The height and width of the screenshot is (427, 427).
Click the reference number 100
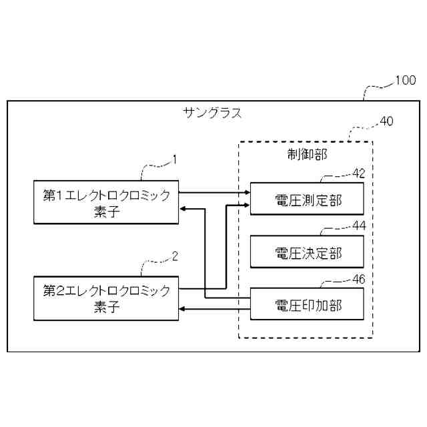pyautogui.click(x=404, y=81)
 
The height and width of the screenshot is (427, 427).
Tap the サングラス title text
pyautogui.click(x=213, y=113)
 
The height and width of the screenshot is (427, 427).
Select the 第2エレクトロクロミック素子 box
pyautogui.click(x=107, y=298)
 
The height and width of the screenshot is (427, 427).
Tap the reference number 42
pyautogui.click(x=359, y=173)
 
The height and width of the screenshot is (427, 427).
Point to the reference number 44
pyautogui.click(x=359, y=226)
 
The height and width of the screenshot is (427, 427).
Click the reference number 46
pyautogui.click(x=359, y=280)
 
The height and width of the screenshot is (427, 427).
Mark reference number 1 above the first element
pyautogui.click(x=175, y=159)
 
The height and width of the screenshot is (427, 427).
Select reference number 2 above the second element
pyautogui.click(x=175, y=256)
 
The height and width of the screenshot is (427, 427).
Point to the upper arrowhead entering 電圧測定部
pyautogui.click(x=246, y=193)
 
